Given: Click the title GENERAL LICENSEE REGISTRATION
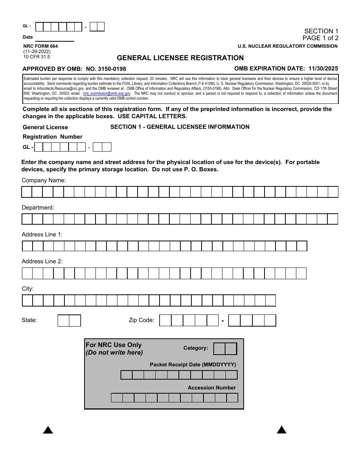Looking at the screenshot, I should click(180, 58).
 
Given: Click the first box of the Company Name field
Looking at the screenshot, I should click(27, 192).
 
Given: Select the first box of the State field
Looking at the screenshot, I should click(63, 321).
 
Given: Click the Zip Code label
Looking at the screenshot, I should click(141, 320).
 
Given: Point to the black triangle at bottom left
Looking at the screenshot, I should click(48, 430).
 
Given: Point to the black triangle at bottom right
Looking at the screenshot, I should click(282, 430).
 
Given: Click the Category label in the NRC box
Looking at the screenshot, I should click(196, 348).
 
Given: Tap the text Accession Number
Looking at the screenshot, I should click(211, 388).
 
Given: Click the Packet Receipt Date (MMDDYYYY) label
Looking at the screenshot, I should click(193, 364).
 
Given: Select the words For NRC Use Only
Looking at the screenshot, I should click(113, 345).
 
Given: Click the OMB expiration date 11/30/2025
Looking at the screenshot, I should click(323, 69).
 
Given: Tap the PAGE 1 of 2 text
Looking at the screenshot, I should click(320, 38).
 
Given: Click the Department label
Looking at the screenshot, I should click(38, 208).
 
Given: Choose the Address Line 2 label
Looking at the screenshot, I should click(42, 261).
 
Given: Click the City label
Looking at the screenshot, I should click(28, 289).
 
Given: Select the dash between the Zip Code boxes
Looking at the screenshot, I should click(223, 321).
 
